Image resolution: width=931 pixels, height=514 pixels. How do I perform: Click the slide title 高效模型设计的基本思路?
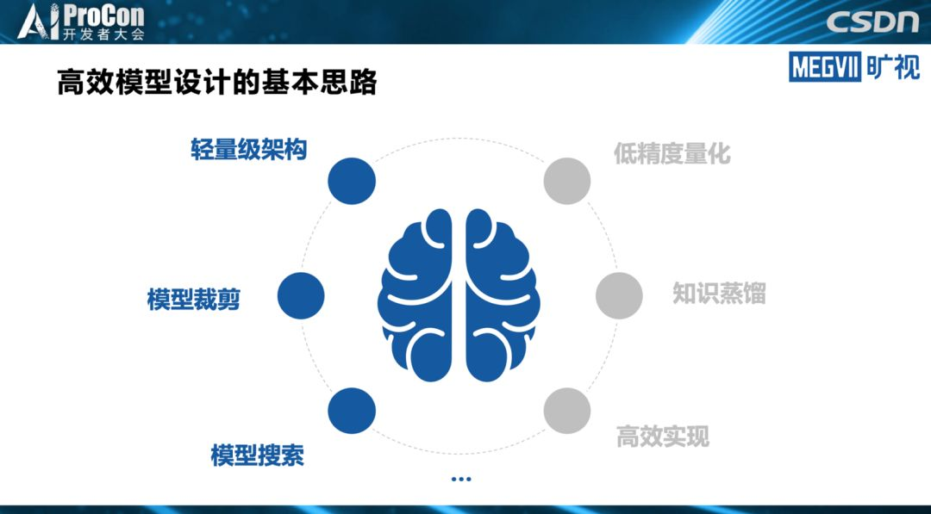point(216,84)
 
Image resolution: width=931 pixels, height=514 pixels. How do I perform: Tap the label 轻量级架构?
point(249,150)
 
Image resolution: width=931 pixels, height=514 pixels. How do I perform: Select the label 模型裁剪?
point(193,300)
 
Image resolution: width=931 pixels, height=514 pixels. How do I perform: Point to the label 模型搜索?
point(258,455)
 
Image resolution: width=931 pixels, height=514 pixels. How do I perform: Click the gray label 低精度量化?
point(672,153)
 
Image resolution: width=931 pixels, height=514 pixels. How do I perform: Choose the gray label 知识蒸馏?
point(719,294)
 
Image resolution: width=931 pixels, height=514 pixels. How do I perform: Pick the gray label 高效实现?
point(663,437)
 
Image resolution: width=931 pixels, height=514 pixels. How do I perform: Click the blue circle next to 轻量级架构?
point(352,181)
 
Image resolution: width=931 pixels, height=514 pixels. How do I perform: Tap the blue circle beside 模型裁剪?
point(301,295)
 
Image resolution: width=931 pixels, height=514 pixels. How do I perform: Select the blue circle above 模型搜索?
point(352,410)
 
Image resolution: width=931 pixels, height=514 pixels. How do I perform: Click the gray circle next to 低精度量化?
point(567,181)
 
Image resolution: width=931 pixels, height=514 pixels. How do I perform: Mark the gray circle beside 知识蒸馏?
point(619,295)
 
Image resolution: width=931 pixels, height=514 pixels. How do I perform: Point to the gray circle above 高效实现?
point(567,410)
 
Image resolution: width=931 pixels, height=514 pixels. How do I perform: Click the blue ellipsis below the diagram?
point(460,479)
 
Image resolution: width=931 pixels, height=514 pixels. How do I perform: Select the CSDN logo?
point(872,22)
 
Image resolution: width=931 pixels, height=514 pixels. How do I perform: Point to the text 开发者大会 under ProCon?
point(104,34)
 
